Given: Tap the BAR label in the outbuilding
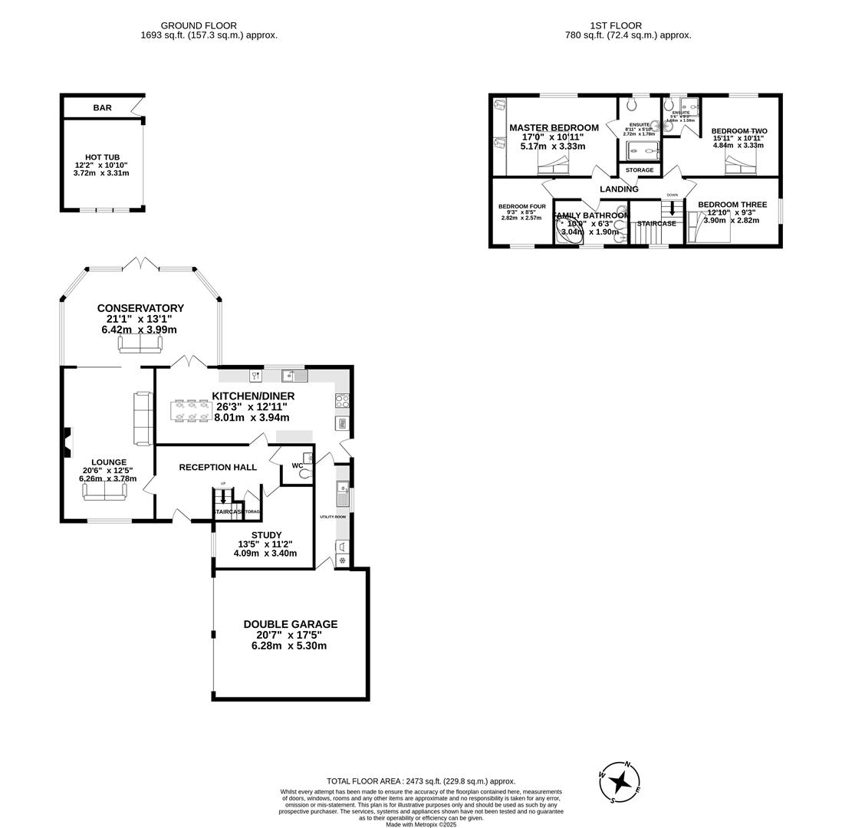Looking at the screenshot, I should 102,108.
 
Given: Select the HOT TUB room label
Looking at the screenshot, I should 102,157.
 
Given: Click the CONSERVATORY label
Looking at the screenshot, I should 140,308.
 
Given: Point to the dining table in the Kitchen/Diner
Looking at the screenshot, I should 191,410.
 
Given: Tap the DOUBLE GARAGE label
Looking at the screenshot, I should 290,624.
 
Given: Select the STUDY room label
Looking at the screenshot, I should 266,535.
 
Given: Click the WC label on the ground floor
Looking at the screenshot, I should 297,465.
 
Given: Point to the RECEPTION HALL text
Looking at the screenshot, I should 218,467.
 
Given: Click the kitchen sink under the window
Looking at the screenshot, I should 294,376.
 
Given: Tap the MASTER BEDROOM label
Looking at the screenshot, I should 554,128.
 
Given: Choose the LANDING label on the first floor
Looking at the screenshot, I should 619,189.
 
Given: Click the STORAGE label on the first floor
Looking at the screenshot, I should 640,170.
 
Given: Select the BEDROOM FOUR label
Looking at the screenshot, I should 521,206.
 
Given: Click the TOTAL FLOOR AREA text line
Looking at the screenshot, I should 420,781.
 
